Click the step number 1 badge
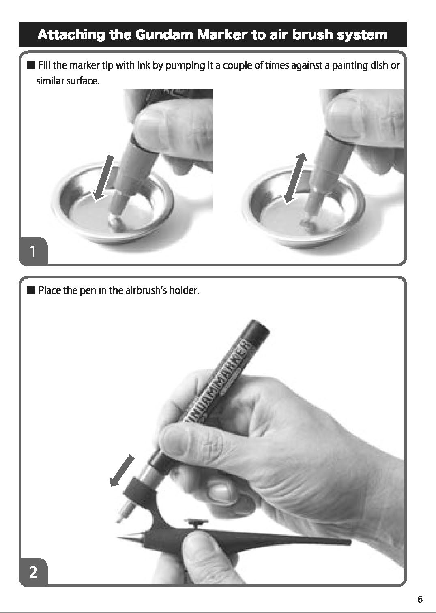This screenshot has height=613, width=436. pyautogui.click(x=33, y=251)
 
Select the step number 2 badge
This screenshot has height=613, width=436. pyautogui.click(x=33, y=572)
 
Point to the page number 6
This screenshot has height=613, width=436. pyautogui.click(x=420, y=599)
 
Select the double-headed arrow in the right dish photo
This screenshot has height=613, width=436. pyautogui.click(x=295, y=178)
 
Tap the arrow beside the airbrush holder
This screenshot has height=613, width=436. pyautogui.click(x=122, y=471)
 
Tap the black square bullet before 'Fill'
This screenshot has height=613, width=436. pyautogui.click(x=32, y=65)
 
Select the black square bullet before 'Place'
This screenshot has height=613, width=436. pyautogui.click(x=32, y=290)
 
